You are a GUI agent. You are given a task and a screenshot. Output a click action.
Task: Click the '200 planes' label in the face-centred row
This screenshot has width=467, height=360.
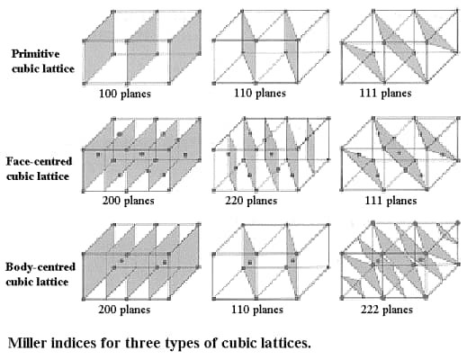tap(131, 201)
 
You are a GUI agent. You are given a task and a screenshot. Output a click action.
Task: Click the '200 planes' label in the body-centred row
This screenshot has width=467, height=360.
tap(131, 309)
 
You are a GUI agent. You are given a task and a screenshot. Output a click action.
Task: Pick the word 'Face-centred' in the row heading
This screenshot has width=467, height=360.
tap(37, 161)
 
